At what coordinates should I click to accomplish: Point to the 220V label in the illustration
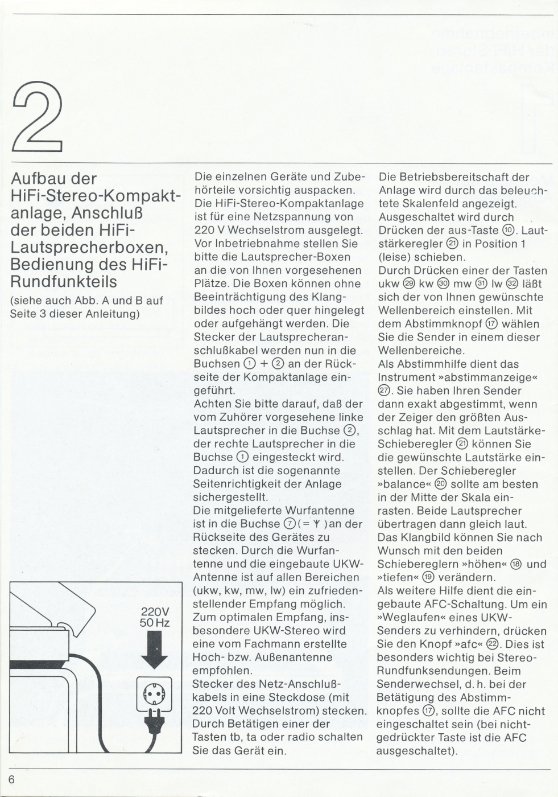(x=155, y=612)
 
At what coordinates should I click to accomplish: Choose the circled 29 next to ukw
(x=408, y=284)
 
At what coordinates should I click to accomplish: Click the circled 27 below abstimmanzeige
(x=384, y=391)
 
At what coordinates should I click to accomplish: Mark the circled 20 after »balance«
(x=441, y=484)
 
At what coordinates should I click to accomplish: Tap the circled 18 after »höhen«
(x=516, y=564)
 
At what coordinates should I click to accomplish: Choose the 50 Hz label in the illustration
(x=155, y=623)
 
